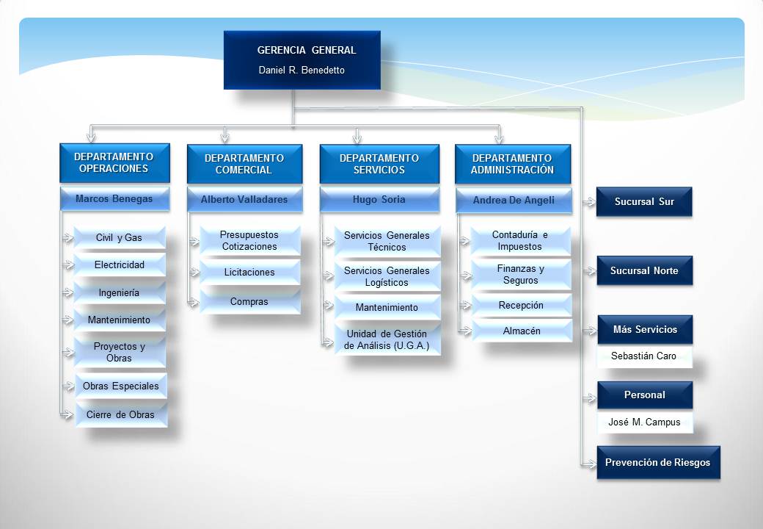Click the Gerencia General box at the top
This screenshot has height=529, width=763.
coord(302,60)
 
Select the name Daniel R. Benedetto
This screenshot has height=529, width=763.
coord(302,70)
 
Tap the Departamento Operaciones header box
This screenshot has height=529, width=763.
coord(115,162)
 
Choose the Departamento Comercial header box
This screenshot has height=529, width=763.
coord(245,164)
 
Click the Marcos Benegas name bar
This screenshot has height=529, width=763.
coord(115,198)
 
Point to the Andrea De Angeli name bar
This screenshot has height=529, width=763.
coord(514,200)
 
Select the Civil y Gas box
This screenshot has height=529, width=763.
coord(119,238)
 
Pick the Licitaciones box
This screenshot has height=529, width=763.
coord(249,273)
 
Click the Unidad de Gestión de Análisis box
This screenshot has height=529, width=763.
coord(387,339)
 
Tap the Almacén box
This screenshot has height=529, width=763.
coord(522,331)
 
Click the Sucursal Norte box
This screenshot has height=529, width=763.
coord(644,270)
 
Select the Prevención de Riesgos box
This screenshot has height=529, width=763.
coord(658,462)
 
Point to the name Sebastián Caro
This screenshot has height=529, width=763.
coord(644,356)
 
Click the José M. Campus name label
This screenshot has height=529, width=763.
coord(644,422)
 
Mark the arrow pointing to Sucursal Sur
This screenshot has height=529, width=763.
coord(589,201)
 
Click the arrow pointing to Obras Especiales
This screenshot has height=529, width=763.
coord(68,386)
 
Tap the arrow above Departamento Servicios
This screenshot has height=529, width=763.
coord(357,136)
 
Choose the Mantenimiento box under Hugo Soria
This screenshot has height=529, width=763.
coord(387,307)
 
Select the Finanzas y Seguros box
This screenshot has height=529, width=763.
coord(521,274)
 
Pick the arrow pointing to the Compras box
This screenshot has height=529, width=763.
coord(193,303)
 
